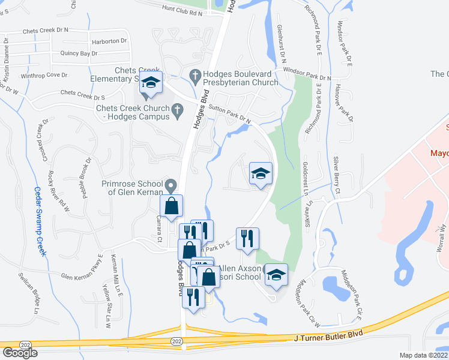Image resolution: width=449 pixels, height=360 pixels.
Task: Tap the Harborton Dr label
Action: click(110, 41)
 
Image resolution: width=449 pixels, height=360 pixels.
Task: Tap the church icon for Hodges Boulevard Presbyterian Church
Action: click(194, 75)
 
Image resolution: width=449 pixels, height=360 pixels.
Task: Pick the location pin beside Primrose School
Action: click(171, 184)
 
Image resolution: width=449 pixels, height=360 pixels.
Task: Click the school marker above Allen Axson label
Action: click(276, 275)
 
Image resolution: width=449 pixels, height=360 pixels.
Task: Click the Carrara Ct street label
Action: click(160, 220)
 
